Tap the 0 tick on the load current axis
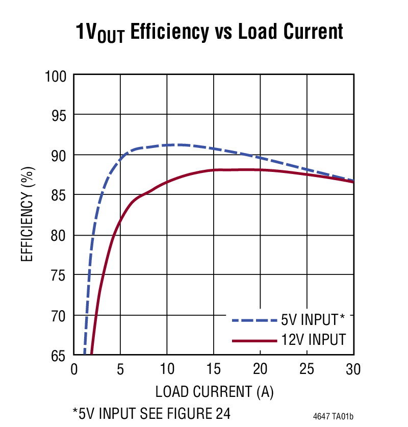click(74, 369)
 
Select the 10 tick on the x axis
click(167, 369)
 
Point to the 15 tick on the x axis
click(214, 369)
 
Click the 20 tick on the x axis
click(260, 369)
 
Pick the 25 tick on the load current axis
click(307, 369)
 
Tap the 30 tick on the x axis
click(353, 369)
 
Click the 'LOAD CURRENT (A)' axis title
click(214, 392)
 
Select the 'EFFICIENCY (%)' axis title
click(28, 214)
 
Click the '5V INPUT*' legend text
click(313, 320)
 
